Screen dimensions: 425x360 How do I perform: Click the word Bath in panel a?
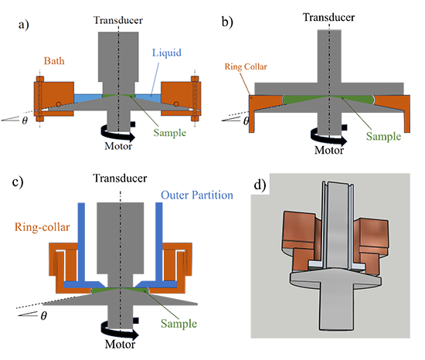tap(54, 61)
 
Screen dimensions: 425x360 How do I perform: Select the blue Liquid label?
tap(167, 53)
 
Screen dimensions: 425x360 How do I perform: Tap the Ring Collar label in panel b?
tap(246, 66)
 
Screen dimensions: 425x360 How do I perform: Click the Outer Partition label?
tap(197, 195)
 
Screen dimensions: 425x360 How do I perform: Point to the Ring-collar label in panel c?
tap(42, 227)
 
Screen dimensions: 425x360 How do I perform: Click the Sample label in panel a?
tap(170, 133)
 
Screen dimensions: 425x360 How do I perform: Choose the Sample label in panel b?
tap(383, 136)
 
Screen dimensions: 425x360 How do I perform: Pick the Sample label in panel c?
tap(179, 324)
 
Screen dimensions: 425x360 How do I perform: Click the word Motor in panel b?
tap(329, 150)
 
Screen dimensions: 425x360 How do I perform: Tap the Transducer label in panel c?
tap(120, 178)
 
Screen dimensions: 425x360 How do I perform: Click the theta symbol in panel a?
tap(25, 121)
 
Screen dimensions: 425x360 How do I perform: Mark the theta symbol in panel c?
tap(43, 315)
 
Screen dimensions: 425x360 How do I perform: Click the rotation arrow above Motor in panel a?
tap(117, 134)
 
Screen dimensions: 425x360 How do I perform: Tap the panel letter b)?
tap(227, 22)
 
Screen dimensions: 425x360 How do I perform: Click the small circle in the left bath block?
tap(58, 104)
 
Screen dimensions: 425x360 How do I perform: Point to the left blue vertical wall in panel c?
tap(81, 243)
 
